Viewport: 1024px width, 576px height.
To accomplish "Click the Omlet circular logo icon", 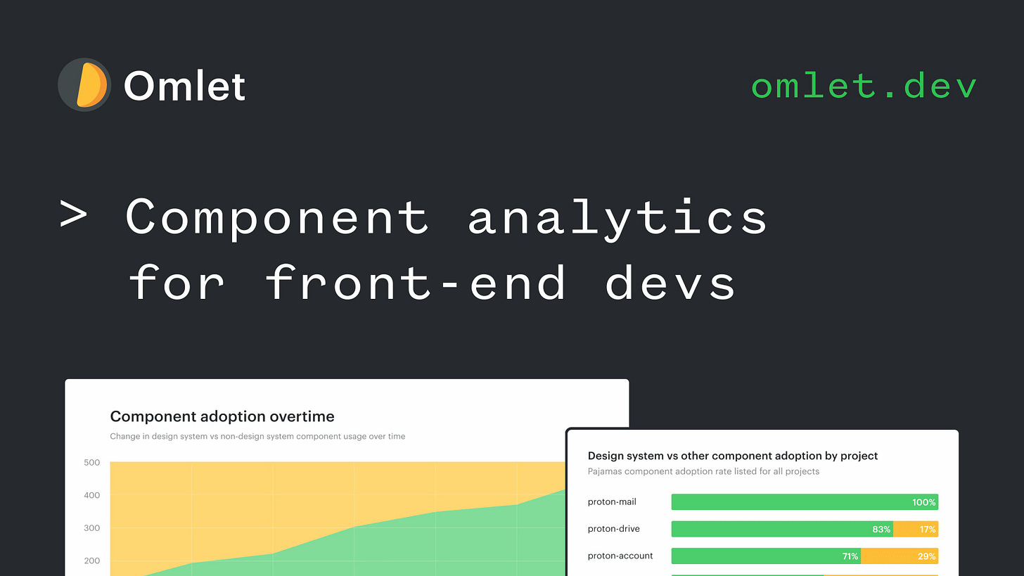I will (84, 85).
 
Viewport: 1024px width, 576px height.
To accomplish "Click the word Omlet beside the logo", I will (184, 87).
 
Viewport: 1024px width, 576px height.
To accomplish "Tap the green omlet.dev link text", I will (864, 87).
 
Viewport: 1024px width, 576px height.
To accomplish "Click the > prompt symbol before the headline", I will (73, 216).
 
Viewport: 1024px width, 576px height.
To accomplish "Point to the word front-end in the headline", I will (416, 283).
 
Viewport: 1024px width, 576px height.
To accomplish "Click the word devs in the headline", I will (670, 283).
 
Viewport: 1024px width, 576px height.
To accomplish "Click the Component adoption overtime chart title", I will (222, 416).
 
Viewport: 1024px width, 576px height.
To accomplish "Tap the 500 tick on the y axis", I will (91, 463).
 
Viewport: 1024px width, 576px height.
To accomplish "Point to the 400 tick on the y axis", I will (91, 495).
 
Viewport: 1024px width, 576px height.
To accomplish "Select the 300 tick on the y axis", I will (91, 528).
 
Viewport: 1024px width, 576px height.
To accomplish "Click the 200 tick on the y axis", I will (91, 561).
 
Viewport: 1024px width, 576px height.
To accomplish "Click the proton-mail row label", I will (611, 502).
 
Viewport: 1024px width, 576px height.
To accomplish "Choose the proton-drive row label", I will (613, 529).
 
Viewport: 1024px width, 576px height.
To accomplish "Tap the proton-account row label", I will (620, 556).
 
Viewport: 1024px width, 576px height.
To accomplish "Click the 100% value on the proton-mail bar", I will (923, 502).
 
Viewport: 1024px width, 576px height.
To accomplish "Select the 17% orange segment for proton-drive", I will (916, 529).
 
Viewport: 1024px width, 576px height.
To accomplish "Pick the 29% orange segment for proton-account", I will (900, 556).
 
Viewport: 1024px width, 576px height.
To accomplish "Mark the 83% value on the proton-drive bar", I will (881, 529).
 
